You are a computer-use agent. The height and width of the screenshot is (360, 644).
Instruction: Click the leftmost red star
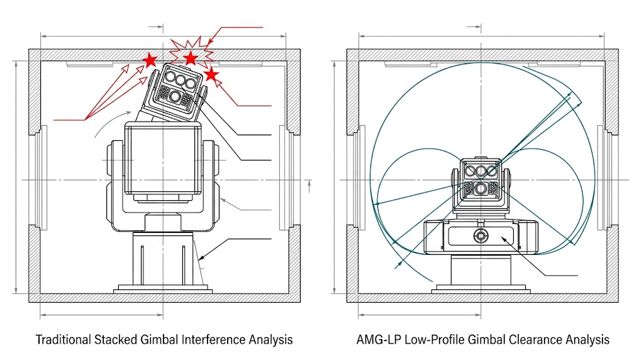tap(150, 60)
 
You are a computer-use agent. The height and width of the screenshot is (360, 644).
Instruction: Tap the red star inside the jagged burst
tap(191, 59)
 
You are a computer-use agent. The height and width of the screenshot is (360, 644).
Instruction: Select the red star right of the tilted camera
tap(211, 75)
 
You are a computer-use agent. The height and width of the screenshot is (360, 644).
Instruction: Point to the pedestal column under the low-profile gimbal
tap(481, 271)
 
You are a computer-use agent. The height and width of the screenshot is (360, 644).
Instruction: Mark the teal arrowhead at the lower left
tap(397, 266)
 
